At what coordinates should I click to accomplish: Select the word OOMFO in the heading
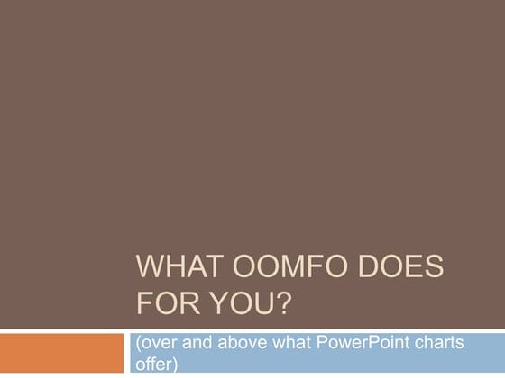[x=282, y=269]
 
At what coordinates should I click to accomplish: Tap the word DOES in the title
[x=395, y=269]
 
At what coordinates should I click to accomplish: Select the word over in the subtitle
[x=156, y=345]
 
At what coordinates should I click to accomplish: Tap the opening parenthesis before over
[x=136, y=346]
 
